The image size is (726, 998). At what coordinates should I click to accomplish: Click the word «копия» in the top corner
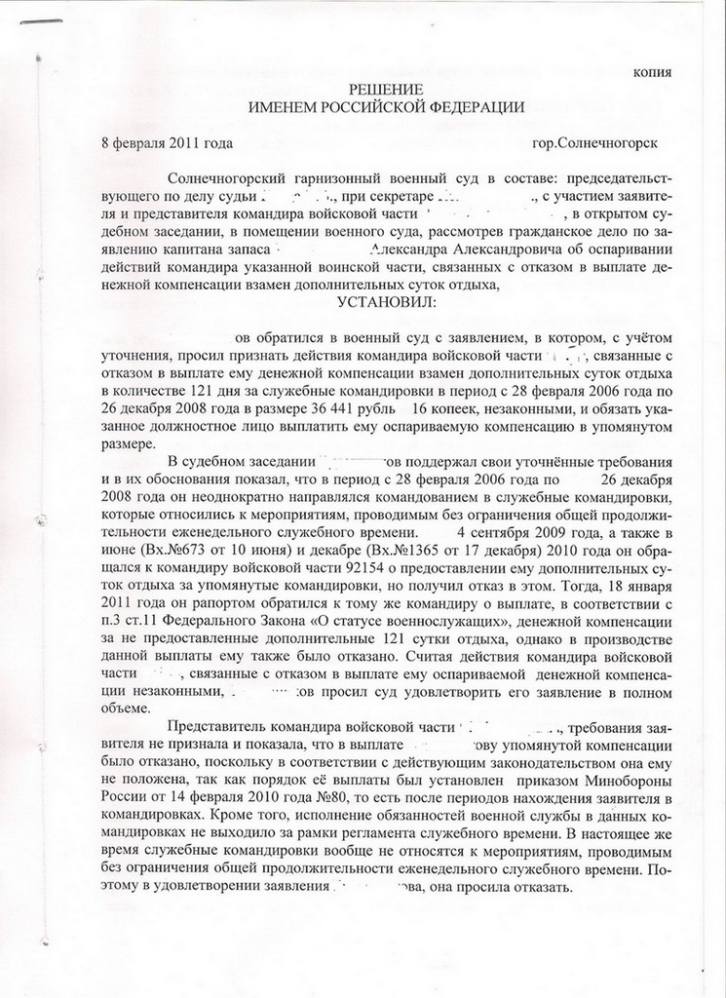click(x=652, y=72)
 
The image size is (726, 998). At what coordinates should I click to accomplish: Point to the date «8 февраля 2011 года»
click(x=167, y=142)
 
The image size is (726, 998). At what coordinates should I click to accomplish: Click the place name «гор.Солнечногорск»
click(x=594, y=142)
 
